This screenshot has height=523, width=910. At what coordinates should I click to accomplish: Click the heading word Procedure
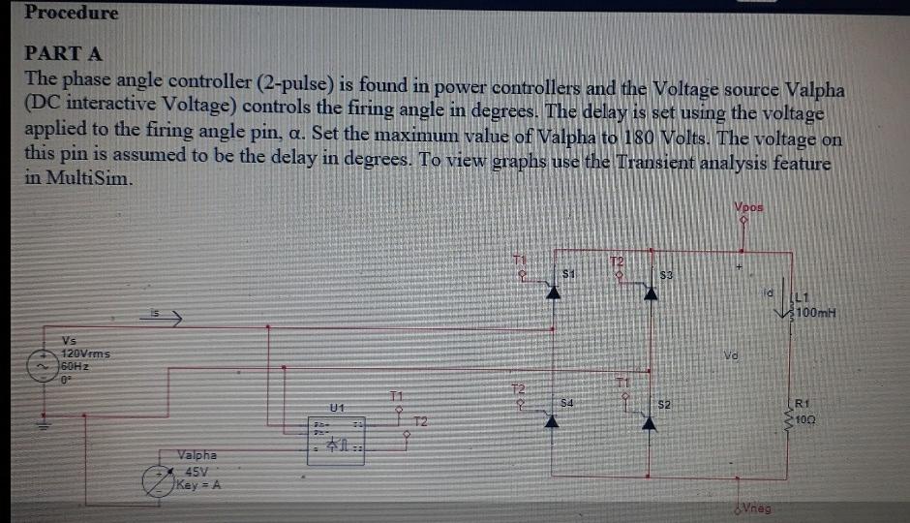coord(72,13)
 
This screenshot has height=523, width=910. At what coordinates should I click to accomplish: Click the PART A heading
coord(64,53)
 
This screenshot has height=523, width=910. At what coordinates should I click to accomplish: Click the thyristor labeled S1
coord(555,292)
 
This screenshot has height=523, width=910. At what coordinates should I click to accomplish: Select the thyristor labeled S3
coord(652,292)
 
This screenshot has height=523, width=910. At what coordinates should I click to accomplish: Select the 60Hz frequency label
coord(76,367)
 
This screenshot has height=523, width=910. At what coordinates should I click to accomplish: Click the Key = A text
coord(197,484)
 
